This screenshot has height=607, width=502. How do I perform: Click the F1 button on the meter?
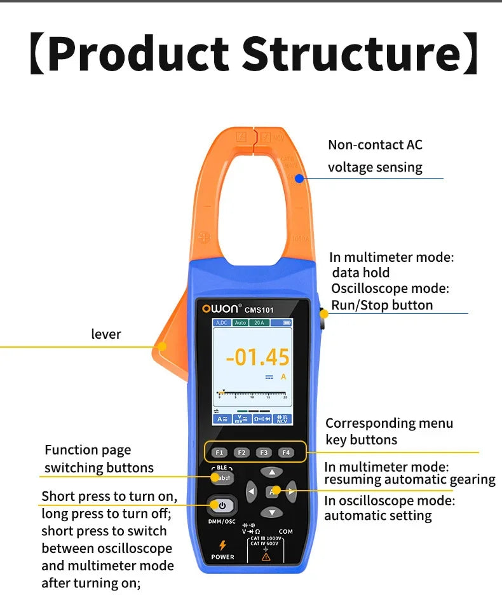coord(219,453)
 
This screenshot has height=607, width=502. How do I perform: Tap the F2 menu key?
coord(241,453)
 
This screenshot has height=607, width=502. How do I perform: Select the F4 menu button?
coord(286,453)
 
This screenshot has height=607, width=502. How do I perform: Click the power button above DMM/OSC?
coord(222,506)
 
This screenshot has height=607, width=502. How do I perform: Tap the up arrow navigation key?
coord(272,472)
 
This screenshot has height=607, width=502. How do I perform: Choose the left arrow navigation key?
coord(252,491)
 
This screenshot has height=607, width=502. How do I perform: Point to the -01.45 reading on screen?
coord(258,358)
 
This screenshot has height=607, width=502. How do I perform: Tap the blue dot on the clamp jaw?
coord(299,179)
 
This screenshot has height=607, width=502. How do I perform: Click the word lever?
coord(106,334)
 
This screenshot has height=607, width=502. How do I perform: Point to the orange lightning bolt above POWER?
coord(222,545)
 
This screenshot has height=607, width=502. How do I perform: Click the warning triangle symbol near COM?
coord(266,556)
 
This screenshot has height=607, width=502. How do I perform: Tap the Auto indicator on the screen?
coord(240,323)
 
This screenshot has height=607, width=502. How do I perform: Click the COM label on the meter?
coord(285,531)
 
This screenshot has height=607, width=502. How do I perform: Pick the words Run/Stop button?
coord(382,305)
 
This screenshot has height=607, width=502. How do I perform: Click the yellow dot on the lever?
coord(162,346)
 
